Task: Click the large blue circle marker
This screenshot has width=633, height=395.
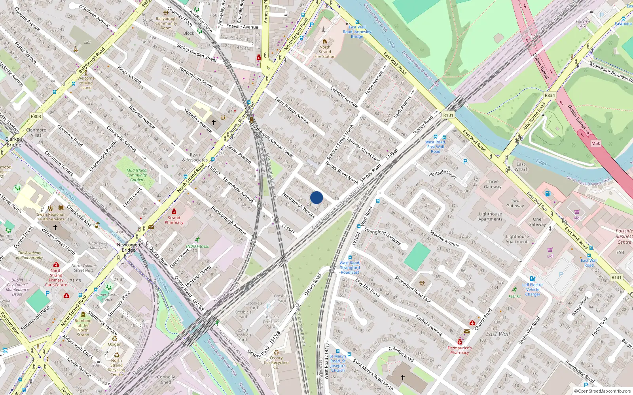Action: coord(316,197)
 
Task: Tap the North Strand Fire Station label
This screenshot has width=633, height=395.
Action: coord(325,52)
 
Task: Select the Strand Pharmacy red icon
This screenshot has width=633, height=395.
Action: coord(174,212)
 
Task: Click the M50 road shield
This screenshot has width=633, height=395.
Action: coord(596,143)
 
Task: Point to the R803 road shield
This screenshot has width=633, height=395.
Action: coord(36,116)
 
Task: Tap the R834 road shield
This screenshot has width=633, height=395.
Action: coord(550,95)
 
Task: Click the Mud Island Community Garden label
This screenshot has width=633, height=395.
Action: coord(136,175)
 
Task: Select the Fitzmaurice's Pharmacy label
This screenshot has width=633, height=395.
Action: coord(459,350)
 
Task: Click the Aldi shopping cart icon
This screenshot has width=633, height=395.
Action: coord(577,212)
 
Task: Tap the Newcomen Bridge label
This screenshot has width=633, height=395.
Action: coord(129,247)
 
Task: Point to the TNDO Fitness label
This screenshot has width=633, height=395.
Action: coord(197,246)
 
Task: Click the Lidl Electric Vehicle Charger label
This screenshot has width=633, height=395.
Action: coord(533,290)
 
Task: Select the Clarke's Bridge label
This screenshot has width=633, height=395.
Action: coord(14,142)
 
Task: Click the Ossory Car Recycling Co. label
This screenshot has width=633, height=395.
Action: coord(276,363)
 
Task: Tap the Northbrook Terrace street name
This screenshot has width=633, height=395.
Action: coord(299,205)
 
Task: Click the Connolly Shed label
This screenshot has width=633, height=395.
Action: coord(166,380)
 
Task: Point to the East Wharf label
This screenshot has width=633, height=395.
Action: coord(521,167)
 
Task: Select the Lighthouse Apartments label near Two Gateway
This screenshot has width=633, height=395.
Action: coord(490,216)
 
